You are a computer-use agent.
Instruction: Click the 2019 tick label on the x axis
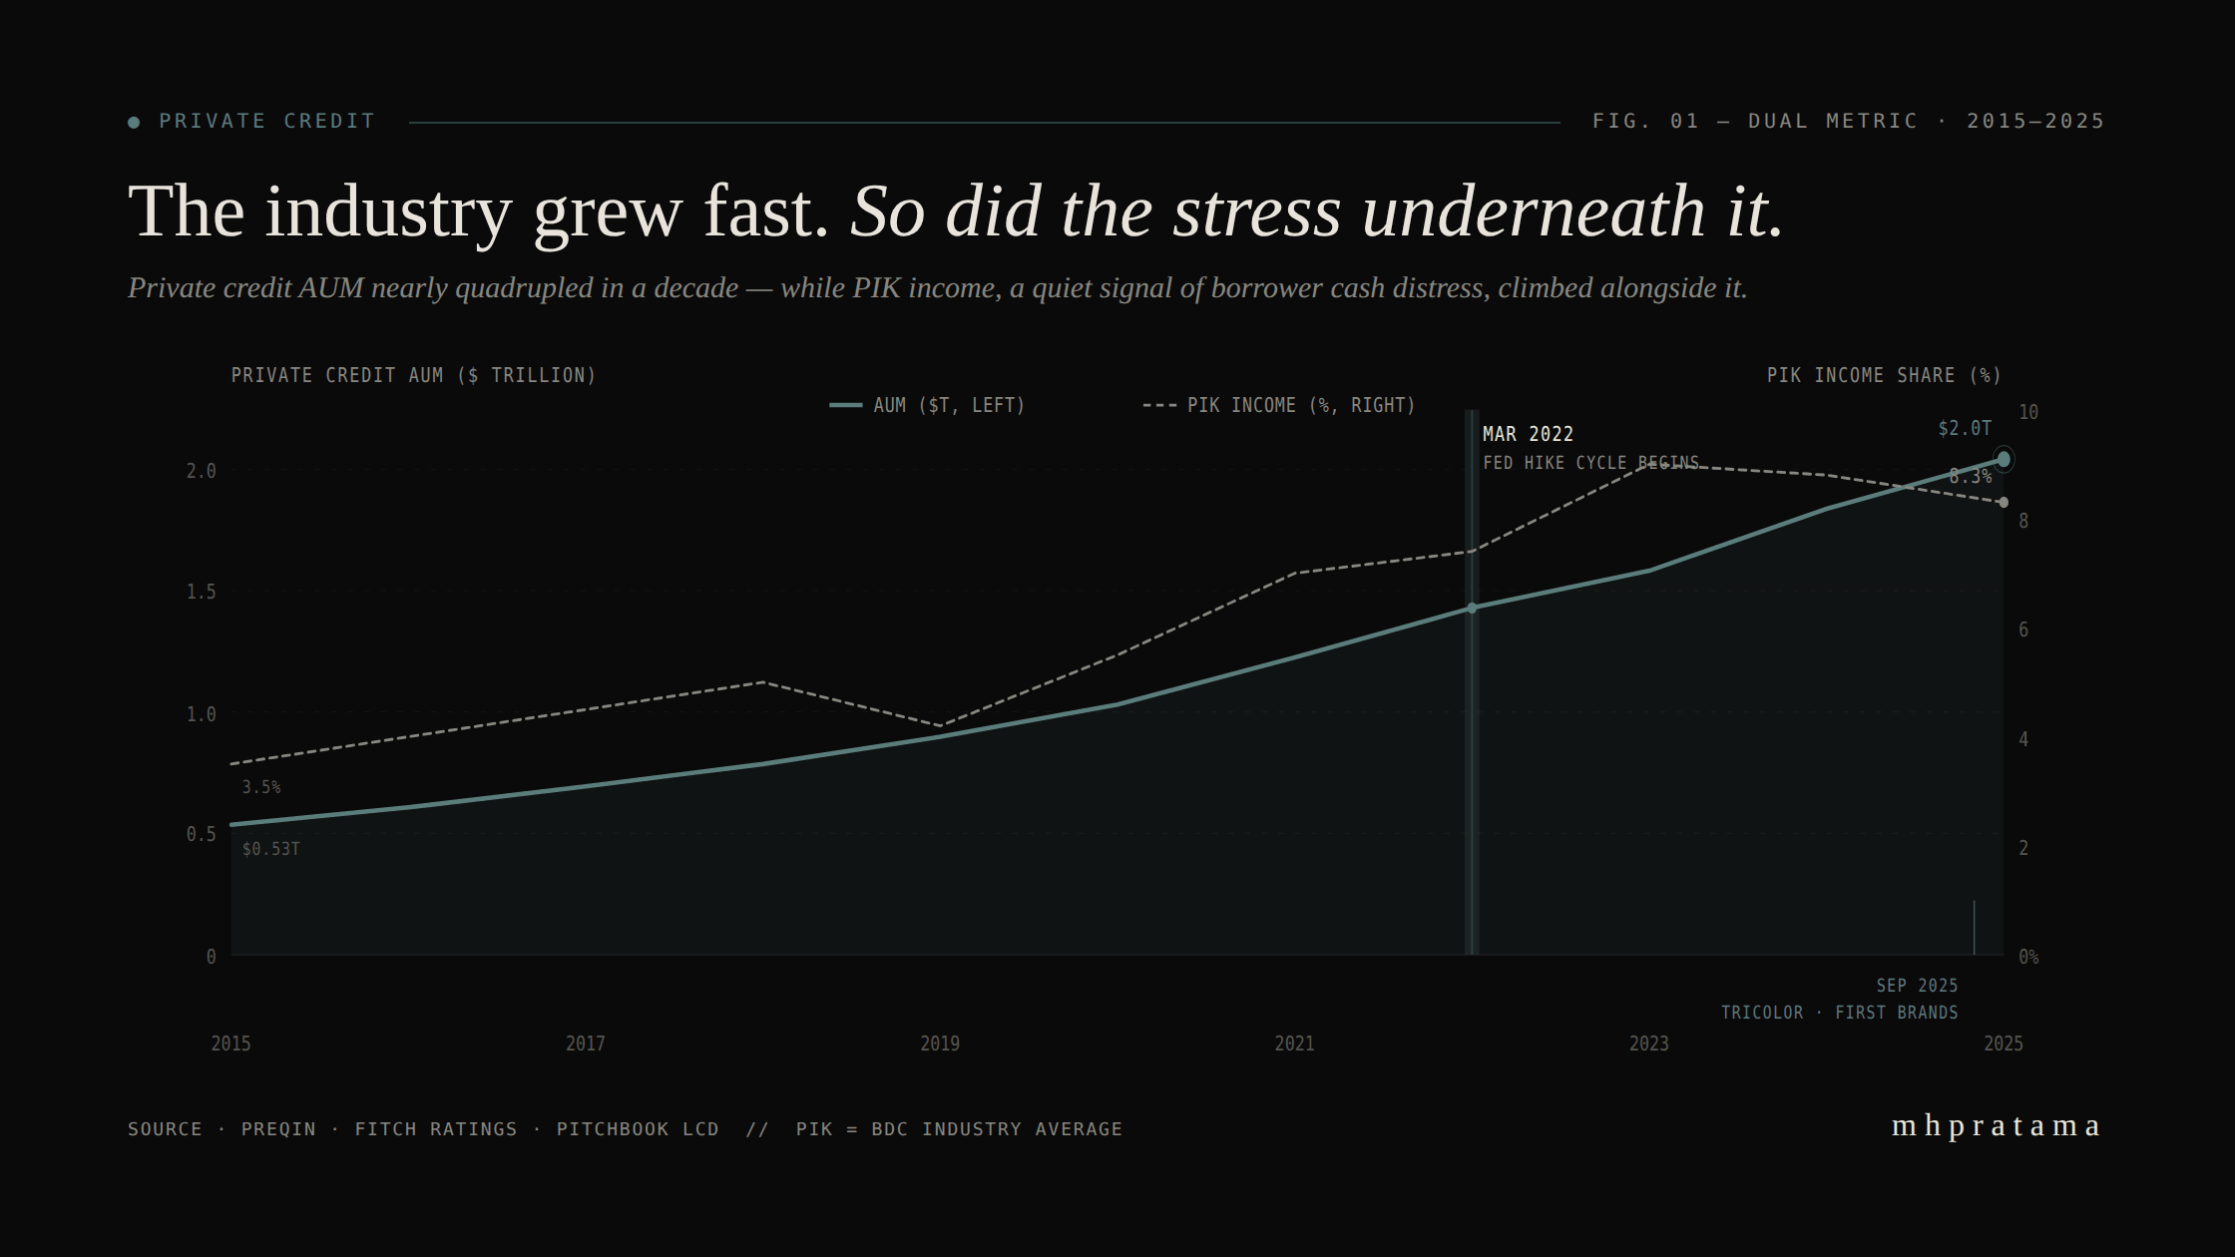coord(939,1044)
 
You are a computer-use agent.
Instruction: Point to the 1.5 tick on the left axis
coord(201,592)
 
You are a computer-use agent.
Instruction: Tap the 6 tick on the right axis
coord(2023,629)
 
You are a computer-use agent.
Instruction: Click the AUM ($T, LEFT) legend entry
coord(928,405)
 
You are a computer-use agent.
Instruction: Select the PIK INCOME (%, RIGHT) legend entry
coord(1279,405)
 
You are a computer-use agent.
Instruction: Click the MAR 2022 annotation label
coord(1528,434)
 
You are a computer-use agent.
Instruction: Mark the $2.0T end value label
coord(1964,428)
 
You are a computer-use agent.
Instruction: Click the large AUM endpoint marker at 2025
coord(2003,459)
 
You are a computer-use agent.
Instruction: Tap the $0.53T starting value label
coord(270,849)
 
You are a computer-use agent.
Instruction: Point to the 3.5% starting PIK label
coord(261,787)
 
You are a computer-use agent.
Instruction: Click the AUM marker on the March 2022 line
coord(1472,608)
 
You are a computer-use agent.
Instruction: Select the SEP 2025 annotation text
coord(1917,986)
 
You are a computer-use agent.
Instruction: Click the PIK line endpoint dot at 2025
coord(2004,503)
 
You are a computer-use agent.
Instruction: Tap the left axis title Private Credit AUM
coord(413,375)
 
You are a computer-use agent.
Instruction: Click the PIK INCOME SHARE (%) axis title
coord(1884,375)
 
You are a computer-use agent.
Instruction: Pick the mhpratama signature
coord(1996,1125)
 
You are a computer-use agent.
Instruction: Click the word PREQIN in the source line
coord(278,1129)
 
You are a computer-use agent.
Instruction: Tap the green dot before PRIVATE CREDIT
coord(134,123)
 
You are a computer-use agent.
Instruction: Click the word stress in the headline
coord(1257,211)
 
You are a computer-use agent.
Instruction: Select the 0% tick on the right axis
coord(2027,957)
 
